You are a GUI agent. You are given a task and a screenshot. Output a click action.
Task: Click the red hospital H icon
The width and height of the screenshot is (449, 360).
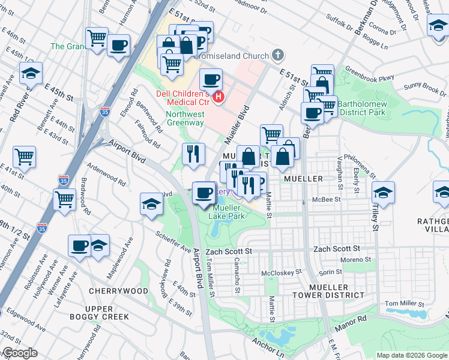pyautogui.click(x=220, y=96)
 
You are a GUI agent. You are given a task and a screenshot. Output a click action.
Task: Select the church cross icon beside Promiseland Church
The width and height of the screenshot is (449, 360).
pyautogui.click(x=277, y=55)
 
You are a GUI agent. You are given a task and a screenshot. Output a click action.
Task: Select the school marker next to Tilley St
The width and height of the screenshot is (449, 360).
pyautogui.click(x=382, y=193)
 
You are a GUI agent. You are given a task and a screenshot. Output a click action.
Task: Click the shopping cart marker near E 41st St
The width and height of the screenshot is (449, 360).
pyautogui.click(x=25, y=157)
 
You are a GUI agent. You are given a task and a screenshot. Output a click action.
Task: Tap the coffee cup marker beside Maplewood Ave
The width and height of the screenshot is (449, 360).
pyautogui.click(x=79, y=245)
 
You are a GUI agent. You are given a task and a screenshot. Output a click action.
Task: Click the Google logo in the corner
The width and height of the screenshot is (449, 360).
pyautogui.click(x=19, y=353)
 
